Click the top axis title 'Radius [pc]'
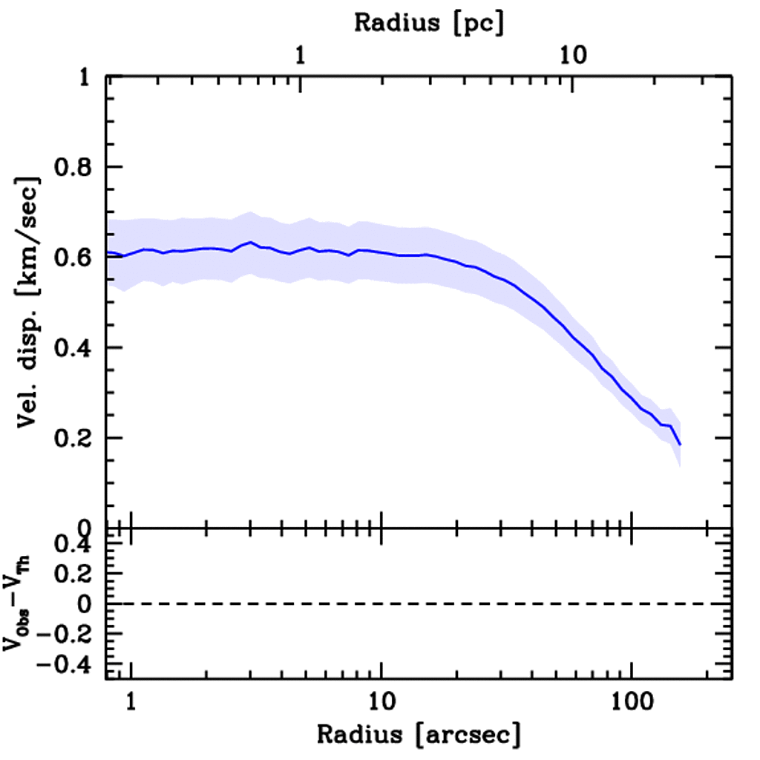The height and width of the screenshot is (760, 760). point(429,22)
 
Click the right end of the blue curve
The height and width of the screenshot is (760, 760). point(679,444)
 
